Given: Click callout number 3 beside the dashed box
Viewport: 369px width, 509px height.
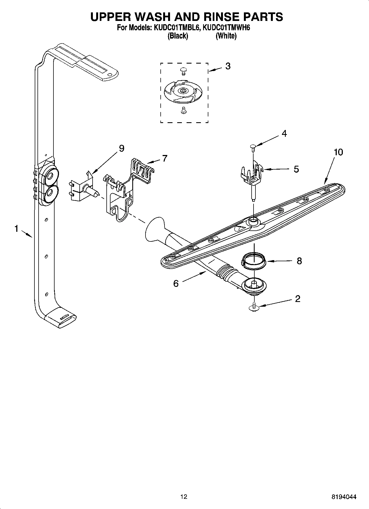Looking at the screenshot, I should [x=228, y=66].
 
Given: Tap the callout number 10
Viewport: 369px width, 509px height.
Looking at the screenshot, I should [x=338, y=152].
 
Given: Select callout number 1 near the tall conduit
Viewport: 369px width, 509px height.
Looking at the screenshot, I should [x=17, y=228].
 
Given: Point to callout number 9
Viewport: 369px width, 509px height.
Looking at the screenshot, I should [x=122, y=148].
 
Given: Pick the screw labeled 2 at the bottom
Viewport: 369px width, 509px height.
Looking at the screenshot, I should [x=254, y=307].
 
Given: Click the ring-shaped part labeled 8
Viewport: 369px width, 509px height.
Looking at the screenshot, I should [x=254, y=261].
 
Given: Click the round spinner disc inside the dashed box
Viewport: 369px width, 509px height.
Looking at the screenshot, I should [x=183, y=91].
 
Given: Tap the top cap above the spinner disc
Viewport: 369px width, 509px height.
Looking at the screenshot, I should [x=183, y=71].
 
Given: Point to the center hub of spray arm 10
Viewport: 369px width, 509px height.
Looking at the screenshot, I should [x=253, y=220].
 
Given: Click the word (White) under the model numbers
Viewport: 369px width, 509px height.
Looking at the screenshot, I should [x=226, y=36].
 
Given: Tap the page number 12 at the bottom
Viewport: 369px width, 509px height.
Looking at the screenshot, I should [x=184, y=497].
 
